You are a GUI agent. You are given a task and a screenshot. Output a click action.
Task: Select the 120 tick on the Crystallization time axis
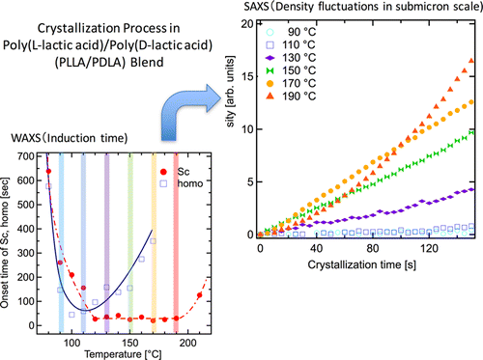click(x=425, y=249)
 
